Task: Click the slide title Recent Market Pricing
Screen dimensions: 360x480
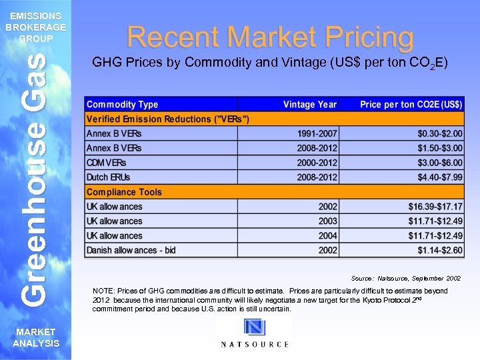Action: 270,37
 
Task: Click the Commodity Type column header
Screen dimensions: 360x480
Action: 123,105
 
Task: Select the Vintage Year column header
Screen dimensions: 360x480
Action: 310,105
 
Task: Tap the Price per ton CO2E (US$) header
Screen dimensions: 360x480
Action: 411,105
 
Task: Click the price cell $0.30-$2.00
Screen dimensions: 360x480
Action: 439,133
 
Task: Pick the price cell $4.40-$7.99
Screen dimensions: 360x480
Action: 439,177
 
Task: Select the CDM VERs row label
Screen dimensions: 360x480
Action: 106,163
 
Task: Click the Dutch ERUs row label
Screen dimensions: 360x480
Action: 109,177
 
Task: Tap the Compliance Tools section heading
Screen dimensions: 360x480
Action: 124,192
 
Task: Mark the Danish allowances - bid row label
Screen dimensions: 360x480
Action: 131,251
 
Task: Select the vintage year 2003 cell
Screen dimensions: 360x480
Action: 327,221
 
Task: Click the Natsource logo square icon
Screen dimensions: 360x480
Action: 254,329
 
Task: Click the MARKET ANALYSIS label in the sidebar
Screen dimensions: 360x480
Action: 36,338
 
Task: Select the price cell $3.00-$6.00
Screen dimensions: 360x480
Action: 439,163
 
